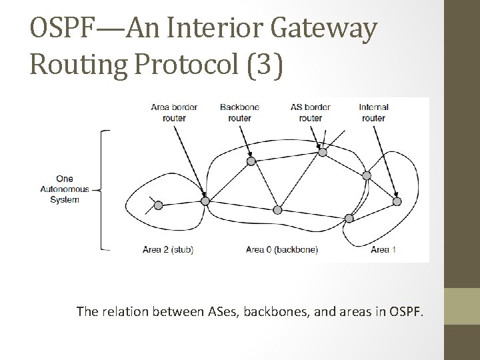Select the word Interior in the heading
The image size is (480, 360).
197,29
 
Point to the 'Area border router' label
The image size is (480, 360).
169,112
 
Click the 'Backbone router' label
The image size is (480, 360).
239,112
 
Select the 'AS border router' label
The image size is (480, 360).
311,112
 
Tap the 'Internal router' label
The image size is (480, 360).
373,112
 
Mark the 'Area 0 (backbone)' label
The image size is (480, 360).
281,250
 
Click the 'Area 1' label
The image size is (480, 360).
383,250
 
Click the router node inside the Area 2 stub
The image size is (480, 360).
158,206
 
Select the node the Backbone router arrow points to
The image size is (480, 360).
251,161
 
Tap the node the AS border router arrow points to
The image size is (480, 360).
322,152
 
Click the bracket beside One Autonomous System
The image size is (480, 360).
103,190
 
